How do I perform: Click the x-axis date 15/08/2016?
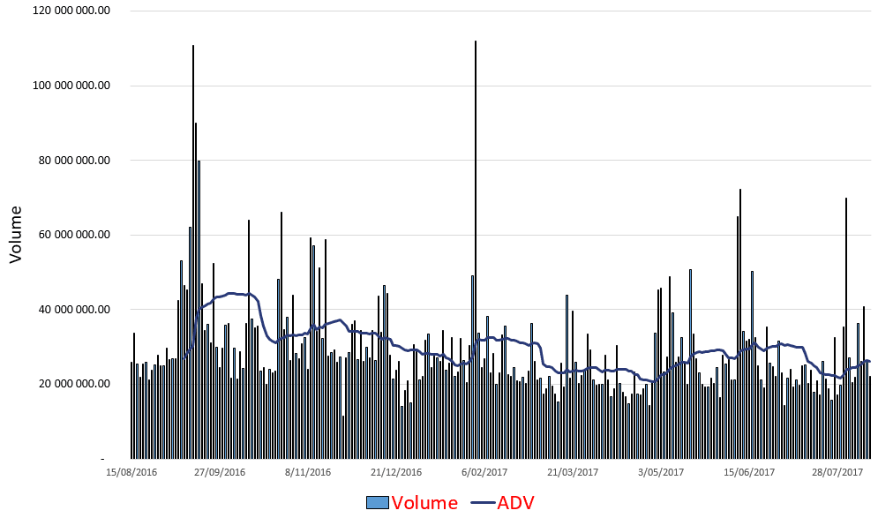(x=131, y=472)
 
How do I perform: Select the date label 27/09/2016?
(x=220, y=472)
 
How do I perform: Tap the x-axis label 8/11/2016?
(x=308, y=472)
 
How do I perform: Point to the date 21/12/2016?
(x=396, y=472)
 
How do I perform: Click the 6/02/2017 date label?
(x=484, y=472)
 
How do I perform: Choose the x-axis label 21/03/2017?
(x=573, y=472)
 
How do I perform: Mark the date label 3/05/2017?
(x=661, y=472)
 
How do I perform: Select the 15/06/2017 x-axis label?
(x=749, y=472)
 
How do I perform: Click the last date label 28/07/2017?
(x=837, y=472)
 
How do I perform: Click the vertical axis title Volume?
(x=15, y=235)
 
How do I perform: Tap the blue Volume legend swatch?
(x=377, y=503)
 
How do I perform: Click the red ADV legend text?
(x=516, y=503)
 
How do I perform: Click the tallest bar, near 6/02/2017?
(x=476, y=250)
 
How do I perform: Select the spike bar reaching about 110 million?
(x=193, y=251)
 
